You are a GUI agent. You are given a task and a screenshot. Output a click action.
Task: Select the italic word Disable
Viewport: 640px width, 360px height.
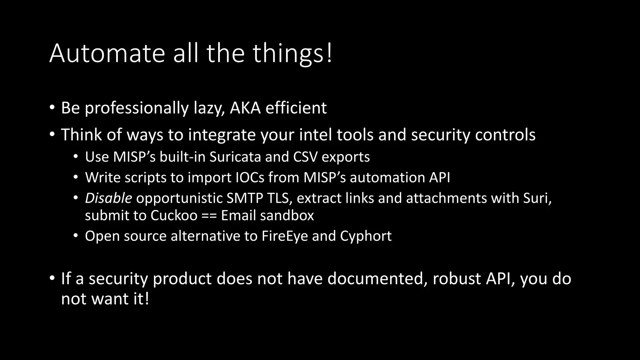[x=108, y=198]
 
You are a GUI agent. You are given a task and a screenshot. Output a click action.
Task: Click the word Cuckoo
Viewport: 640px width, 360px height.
[x=174, y=216]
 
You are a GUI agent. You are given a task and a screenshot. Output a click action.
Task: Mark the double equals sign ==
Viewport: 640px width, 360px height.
[x=209, y=216]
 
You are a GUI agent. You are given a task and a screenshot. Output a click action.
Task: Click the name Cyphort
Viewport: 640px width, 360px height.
[x=366, y=236]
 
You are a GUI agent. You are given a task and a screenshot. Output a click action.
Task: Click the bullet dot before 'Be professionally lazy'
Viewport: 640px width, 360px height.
[x=52, y=108]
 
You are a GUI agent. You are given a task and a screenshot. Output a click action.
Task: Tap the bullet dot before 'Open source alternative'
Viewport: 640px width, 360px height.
[x=76, y=236]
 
